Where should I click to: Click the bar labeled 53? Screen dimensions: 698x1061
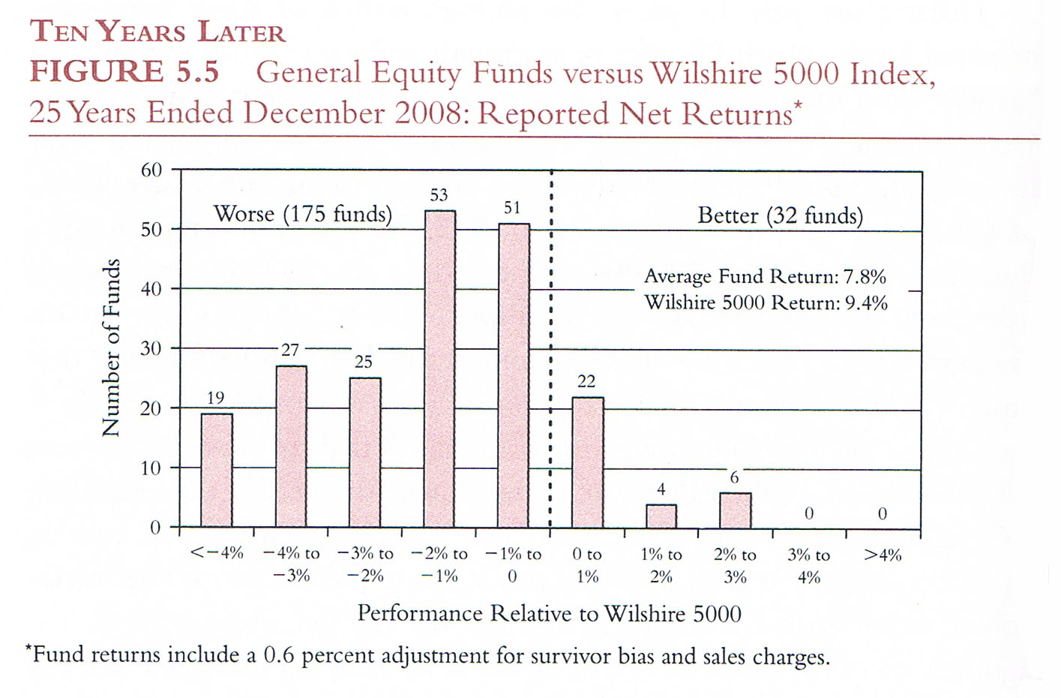coord(440,369)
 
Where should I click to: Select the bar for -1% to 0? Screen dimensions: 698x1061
coord(514,375)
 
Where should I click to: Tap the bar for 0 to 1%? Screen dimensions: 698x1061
coord(588,462)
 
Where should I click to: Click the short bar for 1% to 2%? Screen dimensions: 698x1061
coord(661,516)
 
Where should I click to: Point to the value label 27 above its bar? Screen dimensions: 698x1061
coord(290,350)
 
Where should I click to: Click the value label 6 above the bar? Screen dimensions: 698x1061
coord(734,477)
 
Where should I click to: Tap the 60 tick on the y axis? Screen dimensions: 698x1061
coord(151,170)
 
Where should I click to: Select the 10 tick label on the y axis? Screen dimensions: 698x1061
coord(151,468)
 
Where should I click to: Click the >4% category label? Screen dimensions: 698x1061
coord(883,555)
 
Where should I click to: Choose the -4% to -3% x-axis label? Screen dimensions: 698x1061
coord(291,564)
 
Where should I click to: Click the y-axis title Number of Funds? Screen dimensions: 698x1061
coord(111,347)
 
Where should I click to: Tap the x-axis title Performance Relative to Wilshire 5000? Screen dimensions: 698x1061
coord(549,614)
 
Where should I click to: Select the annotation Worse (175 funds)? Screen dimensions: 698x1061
coord(303,215)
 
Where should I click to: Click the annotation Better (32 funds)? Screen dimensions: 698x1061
coord(780,216)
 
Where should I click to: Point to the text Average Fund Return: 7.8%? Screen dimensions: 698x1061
coord(765,277)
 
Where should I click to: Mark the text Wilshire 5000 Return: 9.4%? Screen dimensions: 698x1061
coord(766,303)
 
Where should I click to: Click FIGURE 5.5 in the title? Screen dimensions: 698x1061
coord(124,72)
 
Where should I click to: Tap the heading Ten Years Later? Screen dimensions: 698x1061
coord(157,32)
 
